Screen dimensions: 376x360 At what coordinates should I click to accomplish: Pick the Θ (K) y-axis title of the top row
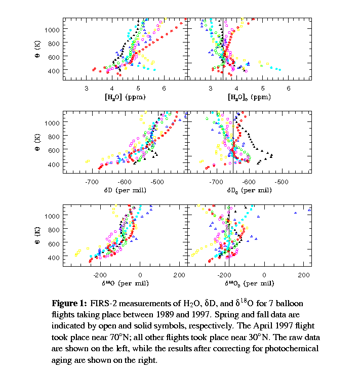point(37,49)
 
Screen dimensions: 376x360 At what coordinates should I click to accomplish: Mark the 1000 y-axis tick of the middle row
point(53,122)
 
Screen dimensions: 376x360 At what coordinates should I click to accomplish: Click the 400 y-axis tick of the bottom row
point(54,258)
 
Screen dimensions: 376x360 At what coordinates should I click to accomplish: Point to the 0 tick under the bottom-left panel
point(140,275)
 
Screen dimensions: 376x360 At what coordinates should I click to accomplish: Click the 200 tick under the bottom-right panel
point(303,275)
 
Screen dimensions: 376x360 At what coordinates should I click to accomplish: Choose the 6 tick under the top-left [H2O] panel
point(164,88)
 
